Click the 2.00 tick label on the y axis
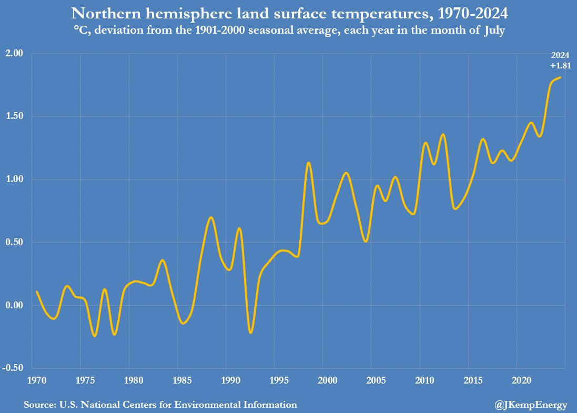pyautogui.click(x=15, y=54)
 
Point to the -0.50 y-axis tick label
pyautogui.click(x=13, y=368)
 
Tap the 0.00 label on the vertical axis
pyautogui.click(x=15, y=306)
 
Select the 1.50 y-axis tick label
pyautogui.click(x=15, y=117)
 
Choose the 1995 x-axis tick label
pyautogui.click(x=274, y=380)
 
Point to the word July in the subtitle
pyautogui.click(x=493, y=31)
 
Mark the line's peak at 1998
pyautogui.click(x=309, y=163)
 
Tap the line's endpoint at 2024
pyautogui.click(x=561, y=77)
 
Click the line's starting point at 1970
pyautogui.click(x=36, y=291)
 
